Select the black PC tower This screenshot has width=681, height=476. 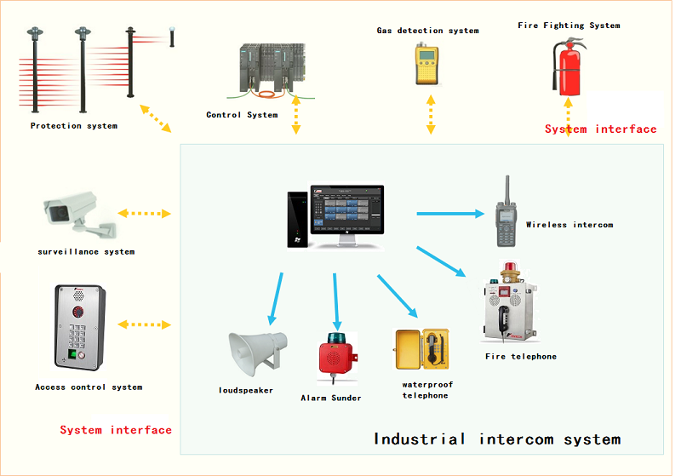click(x=297, y=220)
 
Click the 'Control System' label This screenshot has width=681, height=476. click(x=242, y=115)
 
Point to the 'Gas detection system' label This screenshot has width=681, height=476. click(x=427, y=31)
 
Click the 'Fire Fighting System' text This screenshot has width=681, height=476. click(x=569, y=26)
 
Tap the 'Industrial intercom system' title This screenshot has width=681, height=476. click(x=497, y=439)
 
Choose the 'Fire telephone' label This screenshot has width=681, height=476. click(x=521, y=357)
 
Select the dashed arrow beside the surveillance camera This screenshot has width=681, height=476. click(x=145, y=214)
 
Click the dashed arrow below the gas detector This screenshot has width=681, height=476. click(x=432, y=113)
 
